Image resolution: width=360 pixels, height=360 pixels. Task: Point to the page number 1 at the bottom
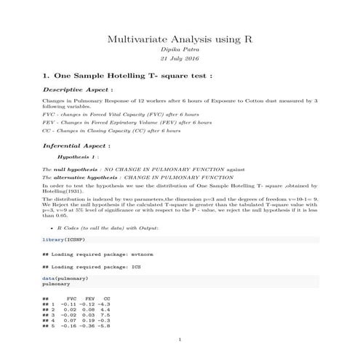(180, 340)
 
